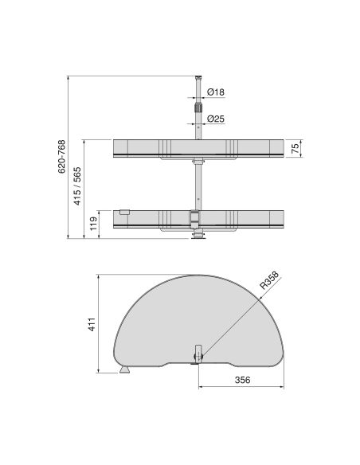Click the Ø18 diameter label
(x=215, y=92)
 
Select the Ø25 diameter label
(x=215, y=120)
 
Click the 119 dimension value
(x=94, y=221)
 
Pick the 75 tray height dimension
(x=294, y=149)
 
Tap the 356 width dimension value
(x=243, y=380)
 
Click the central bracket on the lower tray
(x=194, y=217)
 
